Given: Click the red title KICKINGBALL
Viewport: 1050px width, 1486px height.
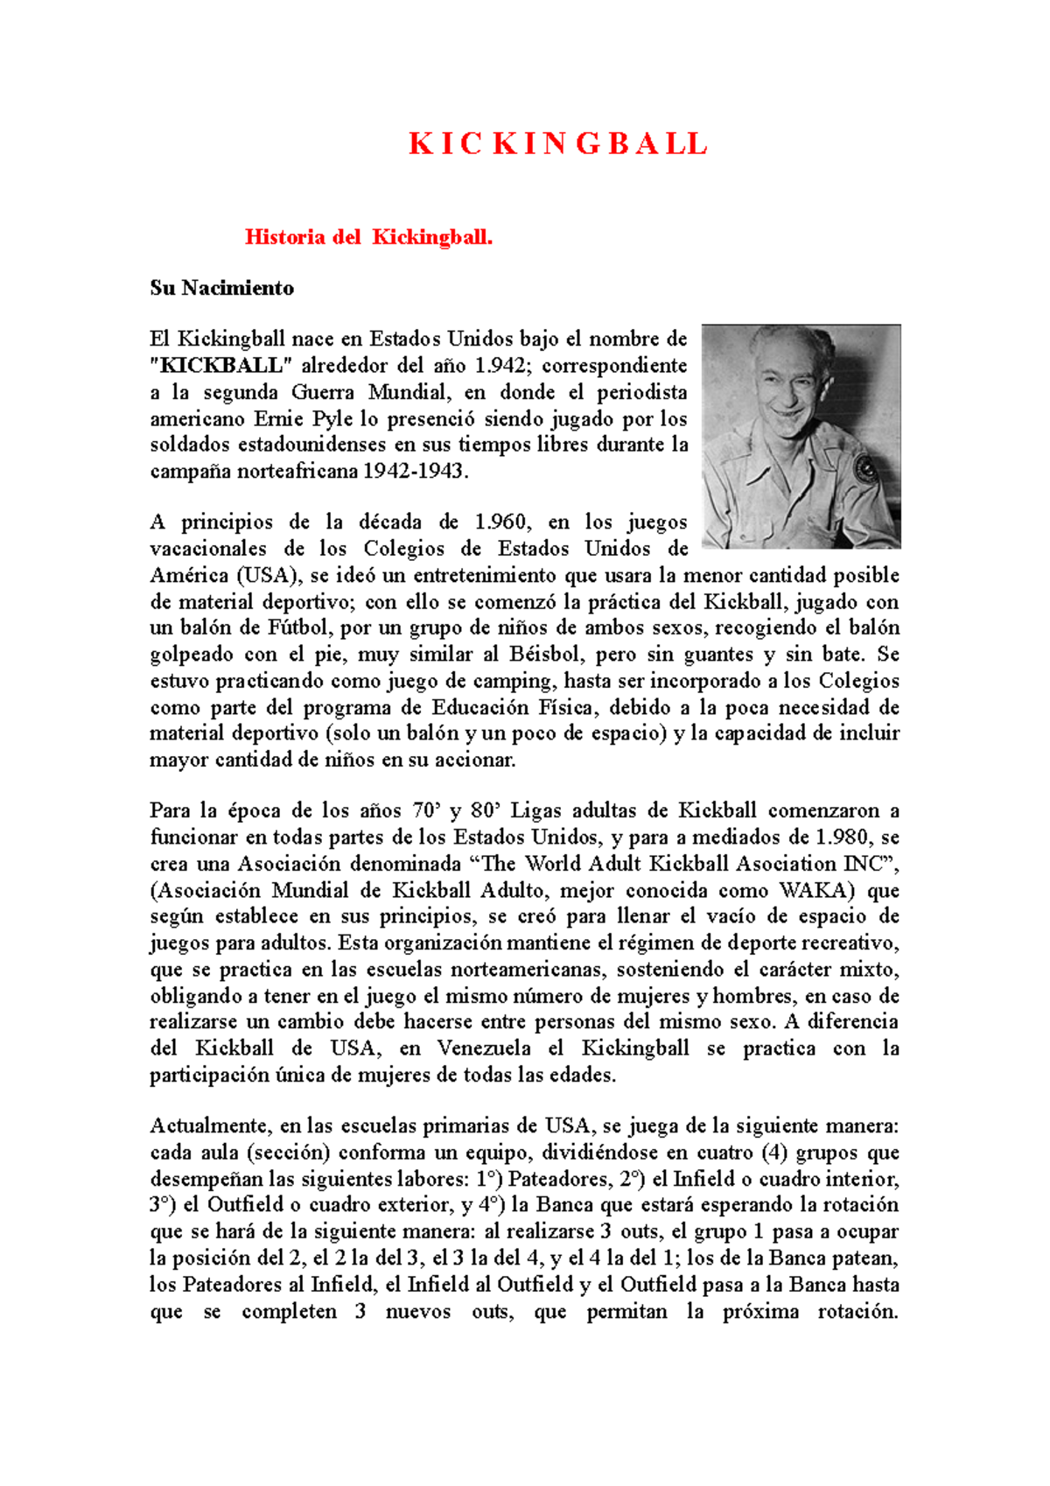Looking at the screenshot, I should (x=558, y=144).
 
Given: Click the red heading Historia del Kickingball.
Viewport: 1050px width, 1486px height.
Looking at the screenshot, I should (x=368, y=237).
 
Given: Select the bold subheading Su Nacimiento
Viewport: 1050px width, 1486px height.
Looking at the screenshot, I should (x=221, y=288).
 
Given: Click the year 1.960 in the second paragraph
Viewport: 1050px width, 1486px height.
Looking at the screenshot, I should (x=500, y=522).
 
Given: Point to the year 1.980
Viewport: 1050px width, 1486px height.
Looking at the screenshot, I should (x=841, y=838).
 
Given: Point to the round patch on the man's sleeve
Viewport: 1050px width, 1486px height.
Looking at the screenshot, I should (x=866, y=469).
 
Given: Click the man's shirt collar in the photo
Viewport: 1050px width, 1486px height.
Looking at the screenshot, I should (x=770, y=455).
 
